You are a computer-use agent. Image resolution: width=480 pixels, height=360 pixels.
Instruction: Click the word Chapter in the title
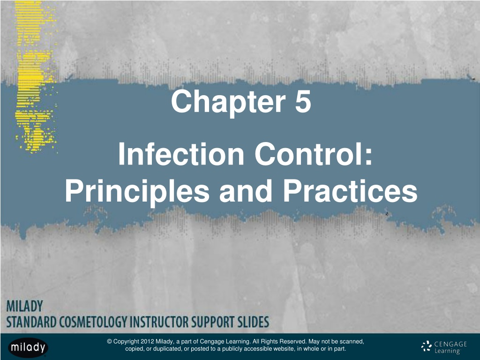[228, 102]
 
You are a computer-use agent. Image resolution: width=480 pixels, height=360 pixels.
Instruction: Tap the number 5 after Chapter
[303, 101]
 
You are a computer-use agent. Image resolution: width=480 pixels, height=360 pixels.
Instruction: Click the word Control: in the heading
[313, 154]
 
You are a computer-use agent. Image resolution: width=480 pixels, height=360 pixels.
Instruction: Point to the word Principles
[137, 191]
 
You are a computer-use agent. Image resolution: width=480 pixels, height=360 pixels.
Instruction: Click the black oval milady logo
[28, 347]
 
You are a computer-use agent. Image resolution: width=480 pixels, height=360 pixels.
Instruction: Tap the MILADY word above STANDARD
[24, 306]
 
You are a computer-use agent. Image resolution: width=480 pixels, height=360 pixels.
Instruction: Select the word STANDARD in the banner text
[31, 322]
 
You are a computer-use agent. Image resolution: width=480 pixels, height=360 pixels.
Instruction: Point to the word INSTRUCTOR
[159, 322]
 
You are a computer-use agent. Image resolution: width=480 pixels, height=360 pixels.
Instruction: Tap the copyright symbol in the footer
[109, 341]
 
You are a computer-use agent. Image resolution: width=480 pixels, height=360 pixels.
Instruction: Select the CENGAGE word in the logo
[450, 344]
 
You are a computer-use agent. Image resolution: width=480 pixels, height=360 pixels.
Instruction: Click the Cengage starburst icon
[427, 346]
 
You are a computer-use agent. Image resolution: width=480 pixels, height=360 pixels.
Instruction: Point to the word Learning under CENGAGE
[447, 351]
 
